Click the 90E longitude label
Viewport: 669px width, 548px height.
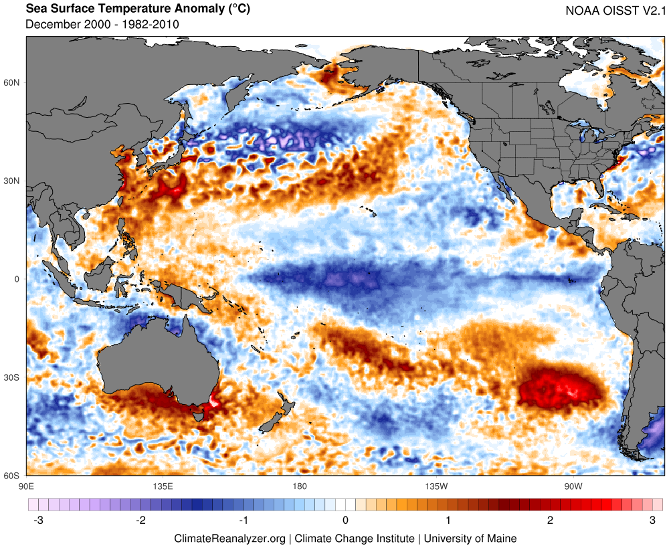point(27,486)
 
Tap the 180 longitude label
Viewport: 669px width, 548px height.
point(299,486)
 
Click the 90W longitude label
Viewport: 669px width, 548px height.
point(572,486)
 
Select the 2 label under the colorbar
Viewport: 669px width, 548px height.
point(551,520)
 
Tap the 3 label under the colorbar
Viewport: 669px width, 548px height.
point(653,520)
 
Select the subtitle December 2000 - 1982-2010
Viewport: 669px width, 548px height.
point(102,25)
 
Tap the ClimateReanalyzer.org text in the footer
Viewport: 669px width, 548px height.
point(229,538)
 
